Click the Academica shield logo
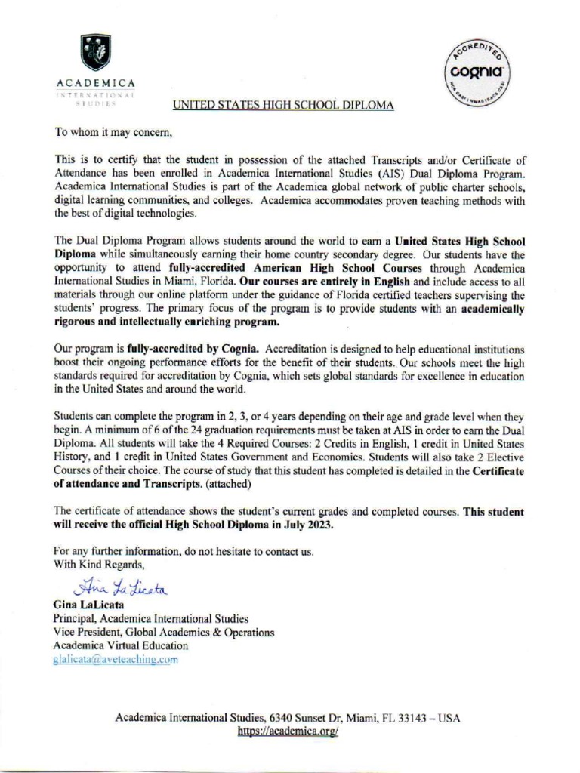click(95, 52)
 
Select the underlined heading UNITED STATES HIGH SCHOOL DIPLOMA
click(283, 106)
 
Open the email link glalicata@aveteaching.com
click(115, 659)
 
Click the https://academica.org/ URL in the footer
click(287, 731)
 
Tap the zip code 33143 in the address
click(407, 718)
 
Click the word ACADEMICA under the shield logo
click(96, 82)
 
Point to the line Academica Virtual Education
click(121, 645)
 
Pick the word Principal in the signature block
click(76, 618)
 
